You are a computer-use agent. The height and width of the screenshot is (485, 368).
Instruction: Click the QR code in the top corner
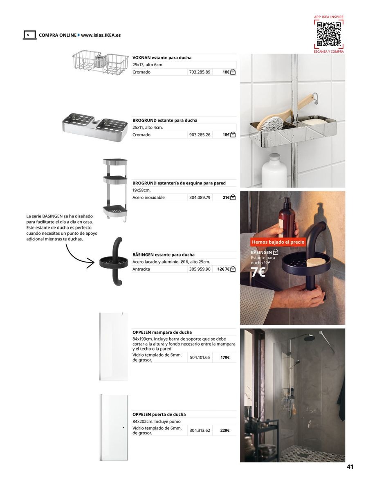[329, 34]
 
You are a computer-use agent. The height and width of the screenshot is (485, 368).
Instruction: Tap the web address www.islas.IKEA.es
[101, 35]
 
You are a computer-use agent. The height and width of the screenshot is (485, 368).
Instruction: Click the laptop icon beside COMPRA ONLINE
[29, 35]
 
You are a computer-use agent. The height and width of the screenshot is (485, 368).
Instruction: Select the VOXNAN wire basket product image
[100, 63]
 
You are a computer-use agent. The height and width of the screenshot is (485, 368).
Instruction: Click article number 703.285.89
[200, 72]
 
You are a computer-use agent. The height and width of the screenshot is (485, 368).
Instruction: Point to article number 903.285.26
[200, 135]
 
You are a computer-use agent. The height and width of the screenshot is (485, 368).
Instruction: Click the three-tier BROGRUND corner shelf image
[115, 188]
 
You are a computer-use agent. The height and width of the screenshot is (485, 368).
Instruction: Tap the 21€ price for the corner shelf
[226, 198]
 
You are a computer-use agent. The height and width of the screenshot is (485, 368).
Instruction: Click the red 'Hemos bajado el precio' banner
[278, 242]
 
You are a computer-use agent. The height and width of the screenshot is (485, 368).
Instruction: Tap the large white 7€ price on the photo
[258, 272]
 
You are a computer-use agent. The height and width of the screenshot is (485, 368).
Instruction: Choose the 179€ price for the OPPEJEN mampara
[224, 357]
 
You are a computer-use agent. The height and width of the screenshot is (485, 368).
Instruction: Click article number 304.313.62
[200, 430]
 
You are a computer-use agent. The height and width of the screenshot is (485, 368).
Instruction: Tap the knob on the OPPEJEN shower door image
[123, 427]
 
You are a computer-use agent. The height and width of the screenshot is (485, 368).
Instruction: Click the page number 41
[350, 467]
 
